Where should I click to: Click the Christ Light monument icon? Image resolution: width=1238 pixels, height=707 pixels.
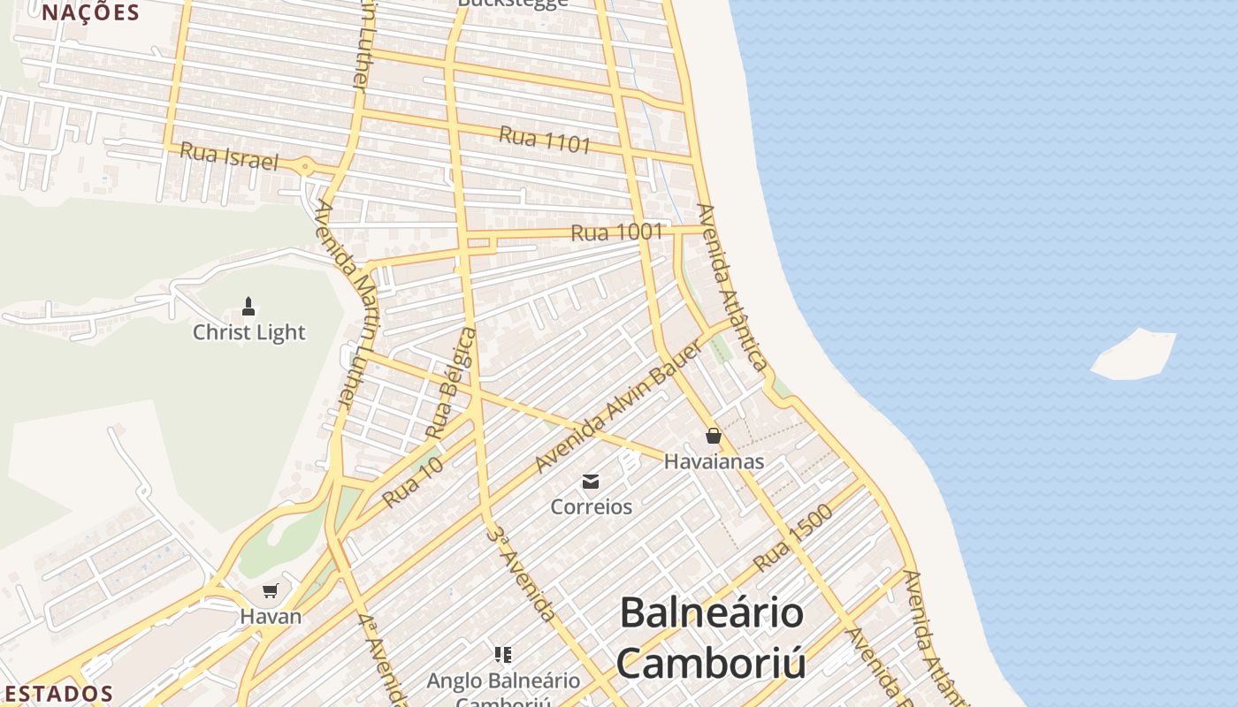pos(248,307)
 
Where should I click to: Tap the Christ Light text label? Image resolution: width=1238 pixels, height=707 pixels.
pos(248,333)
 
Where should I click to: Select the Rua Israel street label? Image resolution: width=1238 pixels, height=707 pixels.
pos(229,156)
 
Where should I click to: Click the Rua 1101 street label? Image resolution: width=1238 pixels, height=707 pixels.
pos(544,139)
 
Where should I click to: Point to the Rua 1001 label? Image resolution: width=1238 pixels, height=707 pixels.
pos(616,232)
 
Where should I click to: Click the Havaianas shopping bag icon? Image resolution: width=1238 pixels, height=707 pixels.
pos(714,436)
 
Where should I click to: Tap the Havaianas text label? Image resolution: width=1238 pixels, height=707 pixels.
pos(714,461)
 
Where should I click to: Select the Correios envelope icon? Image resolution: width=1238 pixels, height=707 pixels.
pos(591,482)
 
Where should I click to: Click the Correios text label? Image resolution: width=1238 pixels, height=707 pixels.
pos(591,507)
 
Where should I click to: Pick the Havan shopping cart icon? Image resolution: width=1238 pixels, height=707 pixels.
pos(271,591)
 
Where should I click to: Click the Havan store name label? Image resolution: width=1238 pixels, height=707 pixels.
pos(271,617)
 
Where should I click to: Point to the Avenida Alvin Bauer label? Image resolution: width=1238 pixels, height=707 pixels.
pos(618,407)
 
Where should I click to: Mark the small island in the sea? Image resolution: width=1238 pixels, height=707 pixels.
pos(1135,354)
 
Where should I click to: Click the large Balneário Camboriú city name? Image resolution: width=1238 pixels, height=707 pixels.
pos(712,637)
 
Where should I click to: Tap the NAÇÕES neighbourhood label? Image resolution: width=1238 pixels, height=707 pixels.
pos(90,12)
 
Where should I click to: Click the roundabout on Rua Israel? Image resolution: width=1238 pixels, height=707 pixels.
pos(305,165)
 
